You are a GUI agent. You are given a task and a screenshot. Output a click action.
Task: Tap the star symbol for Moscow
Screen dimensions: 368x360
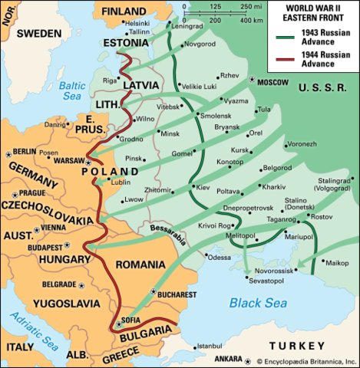[x=252, y=80]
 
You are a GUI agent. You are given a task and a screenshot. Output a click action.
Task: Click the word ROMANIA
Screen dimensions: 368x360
[x=144, y=264]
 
